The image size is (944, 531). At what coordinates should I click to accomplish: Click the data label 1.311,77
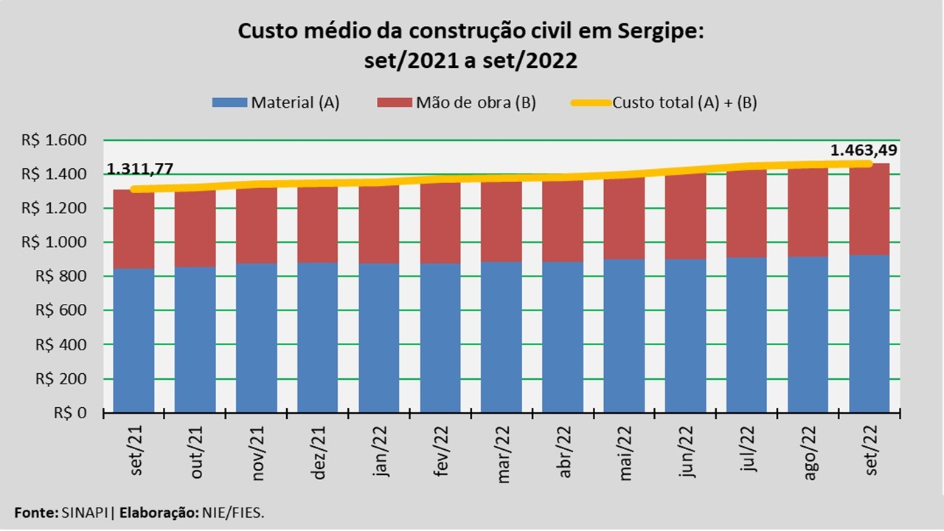pyautogui.click(x=140, y=169)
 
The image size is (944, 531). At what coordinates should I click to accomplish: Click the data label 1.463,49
pyautogui.click(x=864, y=150)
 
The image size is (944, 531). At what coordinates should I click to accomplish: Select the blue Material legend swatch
pyautogui.click(x=229, y=103)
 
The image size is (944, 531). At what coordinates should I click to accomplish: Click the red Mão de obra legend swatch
pyautogui.click(x=395, y=103)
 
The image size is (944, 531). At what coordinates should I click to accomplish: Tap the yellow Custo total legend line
pyautogui.click(x=591, y=103)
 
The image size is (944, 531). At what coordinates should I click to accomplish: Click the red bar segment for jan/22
pyautogui.click(x=378, y=225)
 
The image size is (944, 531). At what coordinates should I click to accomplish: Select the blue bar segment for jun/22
pyautogui.click(x=685, y=336)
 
